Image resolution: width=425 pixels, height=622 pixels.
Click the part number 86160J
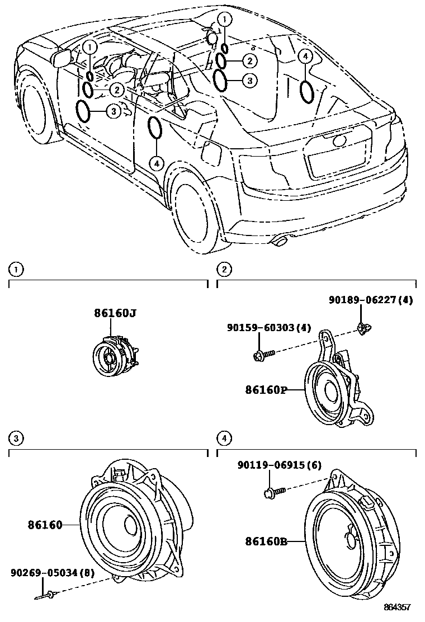[115, 313]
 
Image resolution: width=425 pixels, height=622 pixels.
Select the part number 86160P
[265, 389]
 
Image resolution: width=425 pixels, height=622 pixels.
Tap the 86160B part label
[266, 541]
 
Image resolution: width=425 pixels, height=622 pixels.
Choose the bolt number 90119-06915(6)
[279, 465]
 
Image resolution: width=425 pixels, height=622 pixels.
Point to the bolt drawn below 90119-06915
[275, 492]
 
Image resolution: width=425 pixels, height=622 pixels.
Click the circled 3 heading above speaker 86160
[17, 438]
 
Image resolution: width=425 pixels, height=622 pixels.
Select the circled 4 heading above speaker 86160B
[224, 438]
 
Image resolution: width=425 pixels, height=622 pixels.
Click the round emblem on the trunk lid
[339, 140]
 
